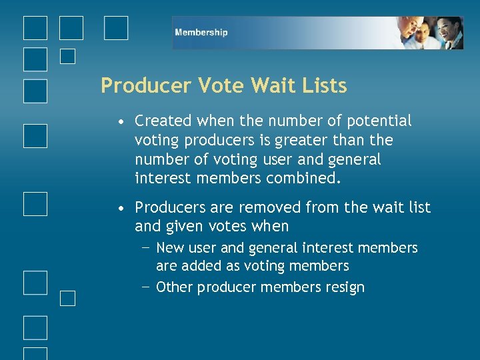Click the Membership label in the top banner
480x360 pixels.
201,32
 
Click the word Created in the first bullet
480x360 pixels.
163,121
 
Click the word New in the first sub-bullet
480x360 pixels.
169,248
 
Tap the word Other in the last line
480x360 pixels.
174,287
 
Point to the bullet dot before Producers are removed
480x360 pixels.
119,209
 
